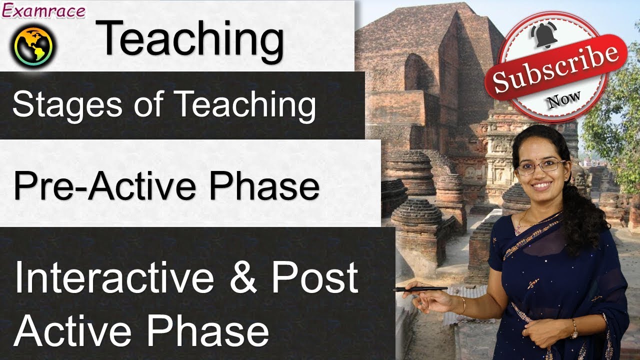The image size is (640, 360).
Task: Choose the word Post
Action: pyautogui.click(x=315, y=278)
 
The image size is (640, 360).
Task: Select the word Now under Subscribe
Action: pyautogui.click(x=564, y=99)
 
